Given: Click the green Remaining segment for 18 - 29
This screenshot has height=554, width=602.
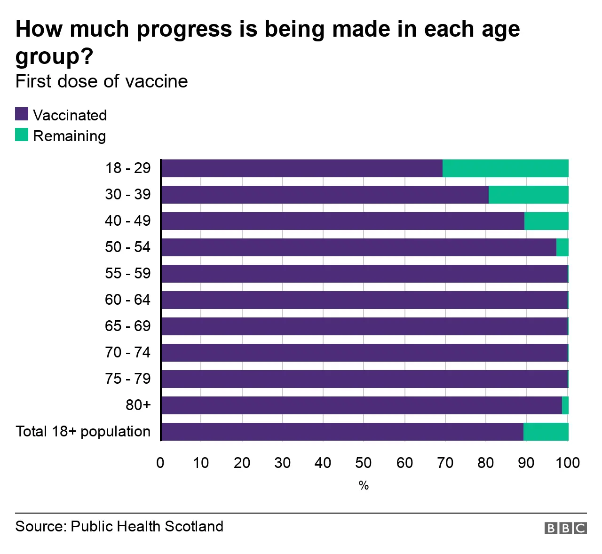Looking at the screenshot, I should point(505,168).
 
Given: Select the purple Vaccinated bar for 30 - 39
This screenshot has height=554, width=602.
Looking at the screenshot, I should point(325,195).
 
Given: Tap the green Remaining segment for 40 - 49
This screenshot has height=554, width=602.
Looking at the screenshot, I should point(546,221).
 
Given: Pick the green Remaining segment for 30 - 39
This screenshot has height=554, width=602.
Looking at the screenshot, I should point(528,195).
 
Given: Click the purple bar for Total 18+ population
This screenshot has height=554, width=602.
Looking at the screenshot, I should point(342,432).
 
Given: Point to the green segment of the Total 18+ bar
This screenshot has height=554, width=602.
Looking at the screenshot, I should point(546,432).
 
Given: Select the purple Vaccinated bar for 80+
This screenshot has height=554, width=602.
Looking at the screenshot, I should point(361,405).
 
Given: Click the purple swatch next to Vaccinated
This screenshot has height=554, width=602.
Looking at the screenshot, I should point(22,114).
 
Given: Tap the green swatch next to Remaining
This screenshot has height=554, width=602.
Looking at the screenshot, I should point(22,135).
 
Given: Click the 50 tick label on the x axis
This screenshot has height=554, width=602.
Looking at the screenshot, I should point(364,463).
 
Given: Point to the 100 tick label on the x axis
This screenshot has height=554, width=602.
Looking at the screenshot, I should point(568,463).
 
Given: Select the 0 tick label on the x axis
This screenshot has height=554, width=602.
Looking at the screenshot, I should point(160,463).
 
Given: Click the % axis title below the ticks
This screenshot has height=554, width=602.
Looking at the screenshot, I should point(364,485).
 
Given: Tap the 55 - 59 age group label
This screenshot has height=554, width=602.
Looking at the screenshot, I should point(127,273).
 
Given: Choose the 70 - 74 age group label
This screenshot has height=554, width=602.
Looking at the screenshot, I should point(127,352).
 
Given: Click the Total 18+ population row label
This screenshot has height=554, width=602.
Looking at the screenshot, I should point(83,431).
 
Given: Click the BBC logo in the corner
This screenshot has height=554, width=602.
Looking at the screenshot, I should point(565,528).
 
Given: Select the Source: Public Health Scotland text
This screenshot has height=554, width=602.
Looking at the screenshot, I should point(119,526).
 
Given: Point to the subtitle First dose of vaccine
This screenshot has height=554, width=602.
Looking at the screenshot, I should point(102,81).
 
